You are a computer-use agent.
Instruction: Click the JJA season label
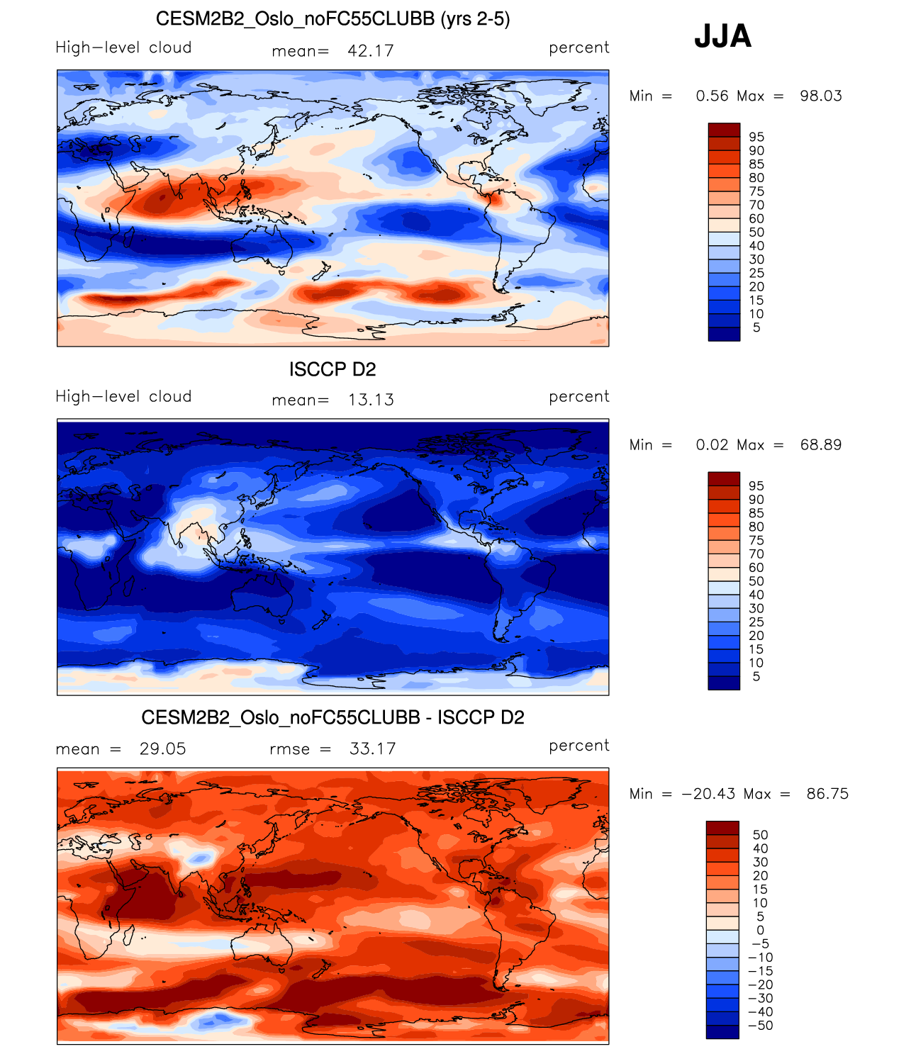(x=722, y=35)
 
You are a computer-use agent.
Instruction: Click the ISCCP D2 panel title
(x=332, y=369)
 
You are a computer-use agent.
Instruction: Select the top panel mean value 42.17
(x=370, y=51)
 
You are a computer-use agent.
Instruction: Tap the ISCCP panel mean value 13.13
(x=370, y=400)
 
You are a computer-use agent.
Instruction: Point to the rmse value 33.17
(x=372, y=748)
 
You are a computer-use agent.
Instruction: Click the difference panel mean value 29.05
(x=162, y=748)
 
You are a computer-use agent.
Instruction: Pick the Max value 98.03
(x=821, y=96)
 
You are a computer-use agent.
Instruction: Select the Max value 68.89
(x=821, y=444)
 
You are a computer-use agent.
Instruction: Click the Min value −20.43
(x=709, y=794)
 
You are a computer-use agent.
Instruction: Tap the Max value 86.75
(x=827, y=794)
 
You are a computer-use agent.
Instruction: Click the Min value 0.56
(x=712, y=96)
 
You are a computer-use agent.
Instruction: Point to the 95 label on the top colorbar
(x=756, y=137)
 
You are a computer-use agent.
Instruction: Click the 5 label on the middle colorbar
(x=756, y=676)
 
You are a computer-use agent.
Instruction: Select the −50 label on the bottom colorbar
(x=761, y=1026)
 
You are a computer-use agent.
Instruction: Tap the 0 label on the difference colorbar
(x=761, y=930)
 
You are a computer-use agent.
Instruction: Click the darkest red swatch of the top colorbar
(x=724, y=130)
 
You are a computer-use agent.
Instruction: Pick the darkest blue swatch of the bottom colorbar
(x=722, y=1032)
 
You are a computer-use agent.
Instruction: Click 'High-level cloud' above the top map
(x=123, y=47)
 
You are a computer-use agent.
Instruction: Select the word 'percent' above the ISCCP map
(x=579, y=396)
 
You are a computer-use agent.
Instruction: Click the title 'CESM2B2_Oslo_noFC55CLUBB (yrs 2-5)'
(x=332, y=19)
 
